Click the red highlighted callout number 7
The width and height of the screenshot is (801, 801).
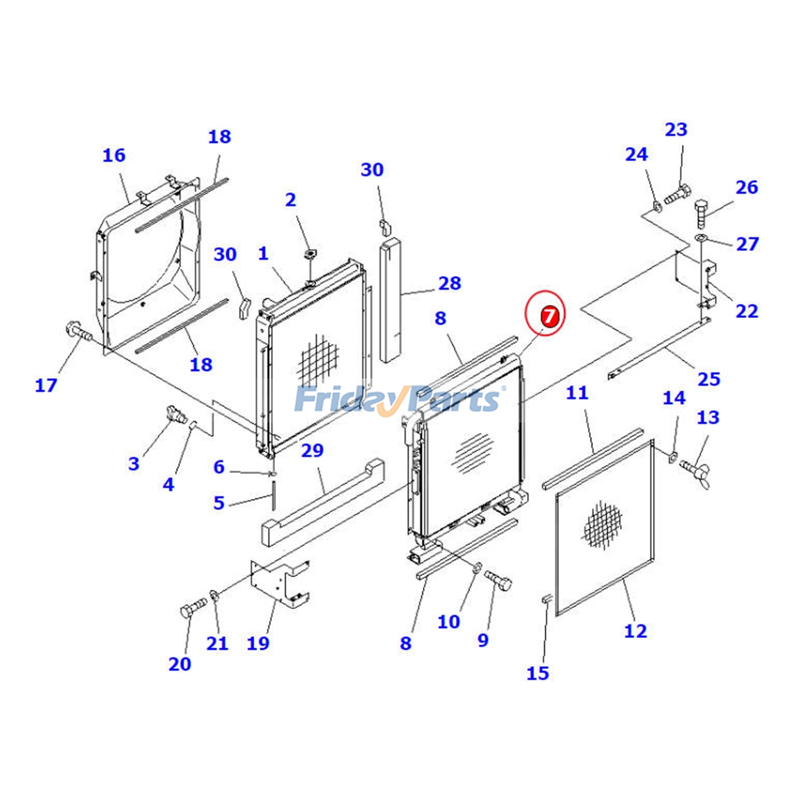pyautogui.click(x=549, y=316)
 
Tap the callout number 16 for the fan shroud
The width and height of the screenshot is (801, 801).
pyautogui.click(x=114, y=155)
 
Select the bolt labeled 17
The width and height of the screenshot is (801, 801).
pyautogui.click(x=77, y=331)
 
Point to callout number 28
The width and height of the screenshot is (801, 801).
pyautogui.click(x=449, y=283)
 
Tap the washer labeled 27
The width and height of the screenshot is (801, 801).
pyautogui.click(x=700, y=237)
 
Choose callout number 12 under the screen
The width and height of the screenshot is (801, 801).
pyautogui.click(x=635, y=631)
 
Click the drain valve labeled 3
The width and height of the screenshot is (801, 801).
pyautogui.click(x=175, y=415)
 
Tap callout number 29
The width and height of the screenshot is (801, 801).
pyautogui.click(x=312, y=451)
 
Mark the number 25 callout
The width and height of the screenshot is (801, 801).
pyautogui.click(x=708, y=379)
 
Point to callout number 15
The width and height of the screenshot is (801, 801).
pyautogui.click(x=538, y=673)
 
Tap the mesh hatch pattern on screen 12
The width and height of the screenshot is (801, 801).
pyautogui.click(x=603, y=525)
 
